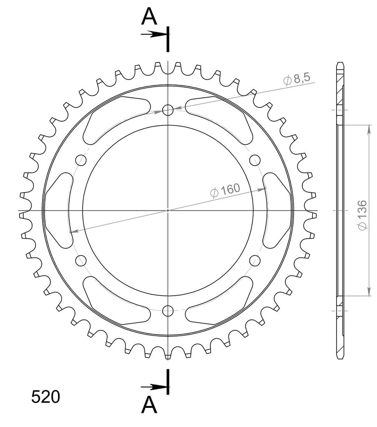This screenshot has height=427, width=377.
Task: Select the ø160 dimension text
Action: (x=225, y=190)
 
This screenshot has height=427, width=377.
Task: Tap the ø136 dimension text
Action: (x=362, y=215)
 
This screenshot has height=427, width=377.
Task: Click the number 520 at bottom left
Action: (x=45, y=397)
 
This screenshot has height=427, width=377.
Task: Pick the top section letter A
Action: (x=149, y=16)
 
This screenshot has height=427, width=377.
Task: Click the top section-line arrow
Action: (x=154, y=34)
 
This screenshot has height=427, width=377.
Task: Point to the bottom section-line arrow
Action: (x=154, y=387)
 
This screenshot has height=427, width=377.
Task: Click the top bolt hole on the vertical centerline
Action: (x=168, y=110)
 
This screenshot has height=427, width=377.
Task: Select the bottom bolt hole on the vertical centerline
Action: (x=168, y=310)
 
